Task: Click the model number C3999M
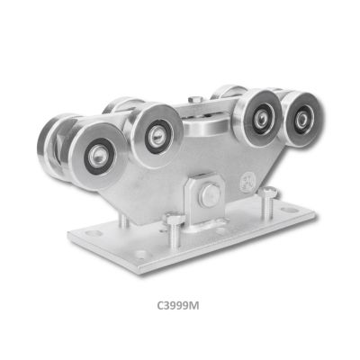pyautogui.click(x=178, y=306)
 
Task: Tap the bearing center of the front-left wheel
pyautogui.click(x=97, y=156)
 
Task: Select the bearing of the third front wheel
pyautogui.click(x=258, y=117)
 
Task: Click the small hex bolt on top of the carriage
pyautogui.click(x=195, y=99)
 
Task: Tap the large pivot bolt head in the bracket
pyautogui.click(x=209, y=195)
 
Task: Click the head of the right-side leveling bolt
pyautogui.click(x=268, y=191)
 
